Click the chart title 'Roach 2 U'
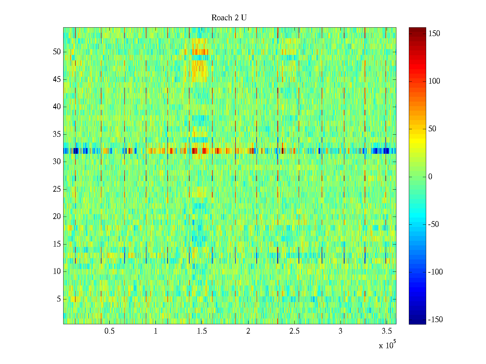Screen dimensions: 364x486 pyautogui.click(x=229, y=18)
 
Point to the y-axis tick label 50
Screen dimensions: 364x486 pyautogui.click(x=57, y=52)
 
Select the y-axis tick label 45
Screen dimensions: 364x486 pyautogui.click(x=57, y=79)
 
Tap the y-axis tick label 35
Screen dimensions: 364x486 pyautogui.click(x=57, y=134)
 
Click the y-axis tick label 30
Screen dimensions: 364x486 pyautogui.click(x=57, y=162)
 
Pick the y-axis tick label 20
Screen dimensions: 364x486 pyautogui.click(x=57, y=217)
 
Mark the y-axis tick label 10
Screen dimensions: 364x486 pyautogui.click(x=57, y=271)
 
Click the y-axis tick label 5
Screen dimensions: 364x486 pyautogui.click(x=59, y=299)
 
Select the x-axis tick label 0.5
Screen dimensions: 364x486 pyautogui.click(x=109, y=331)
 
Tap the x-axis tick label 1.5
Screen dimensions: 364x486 pyautogui.click(x=202, y=331)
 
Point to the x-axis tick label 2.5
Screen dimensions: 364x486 pyautogui.click(x=294, y=331)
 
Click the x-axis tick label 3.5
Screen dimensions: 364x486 pyautogui.click(x=387, y=331)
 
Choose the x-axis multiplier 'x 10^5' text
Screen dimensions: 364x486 pyautogui.click(x=387, y=345)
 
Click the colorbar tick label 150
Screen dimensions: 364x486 pyautogui.click(x=434, y=34)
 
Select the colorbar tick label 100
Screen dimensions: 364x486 pyautogui.click(x=434, y=81)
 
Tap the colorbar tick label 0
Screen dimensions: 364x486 pyautogui.click(x=430, y=177)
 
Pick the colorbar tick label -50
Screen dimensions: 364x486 pyautogui.click(x=433, y=224)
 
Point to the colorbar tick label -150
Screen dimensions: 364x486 pyautogui.click(x=435, y=320)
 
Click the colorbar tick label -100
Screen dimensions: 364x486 pyautogui.click(x=435, y=272)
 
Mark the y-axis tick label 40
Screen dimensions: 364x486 pyautogui.click(x=57, y=107)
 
